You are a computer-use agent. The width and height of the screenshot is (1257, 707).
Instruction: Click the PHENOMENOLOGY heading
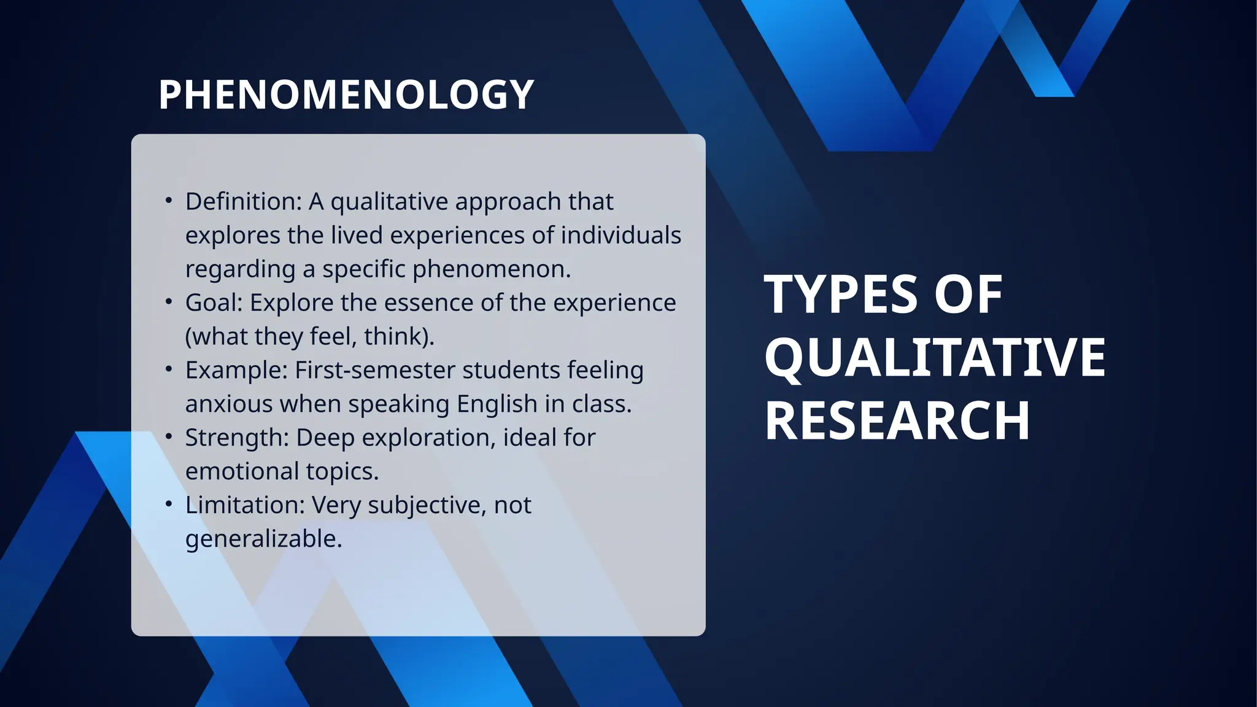[346, 95]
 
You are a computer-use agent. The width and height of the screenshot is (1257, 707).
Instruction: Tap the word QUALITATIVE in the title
[934, 358]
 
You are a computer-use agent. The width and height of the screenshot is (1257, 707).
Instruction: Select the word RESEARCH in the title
[897, 421]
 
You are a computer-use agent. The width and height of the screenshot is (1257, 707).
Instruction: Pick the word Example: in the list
[236, 371]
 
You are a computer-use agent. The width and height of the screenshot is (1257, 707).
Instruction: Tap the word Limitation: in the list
[245, 506]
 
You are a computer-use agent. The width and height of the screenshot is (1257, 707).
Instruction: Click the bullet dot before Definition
[169, 201]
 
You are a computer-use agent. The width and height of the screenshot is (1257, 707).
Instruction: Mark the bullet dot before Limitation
[169, 504]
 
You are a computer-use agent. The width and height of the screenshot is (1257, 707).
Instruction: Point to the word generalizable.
[263, 539]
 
